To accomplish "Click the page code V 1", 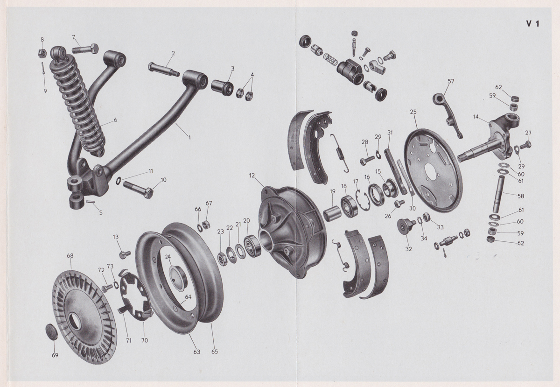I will (x=532, y=24).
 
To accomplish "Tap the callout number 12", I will (x=252, y=175).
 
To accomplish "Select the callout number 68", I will (x=70, y=256).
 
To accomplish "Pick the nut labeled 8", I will (x=41, y=53).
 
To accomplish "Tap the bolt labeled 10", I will (x=137, y=190).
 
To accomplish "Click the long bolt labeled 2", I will (x=163, y=70).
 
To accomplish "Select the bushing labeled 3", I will (x=223, y=87).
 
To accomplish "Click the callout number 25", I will (x=413, y=112).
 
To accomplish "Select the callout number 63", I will (x=196, y=352).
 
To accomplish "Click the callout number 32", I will (x=408, y=249).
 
